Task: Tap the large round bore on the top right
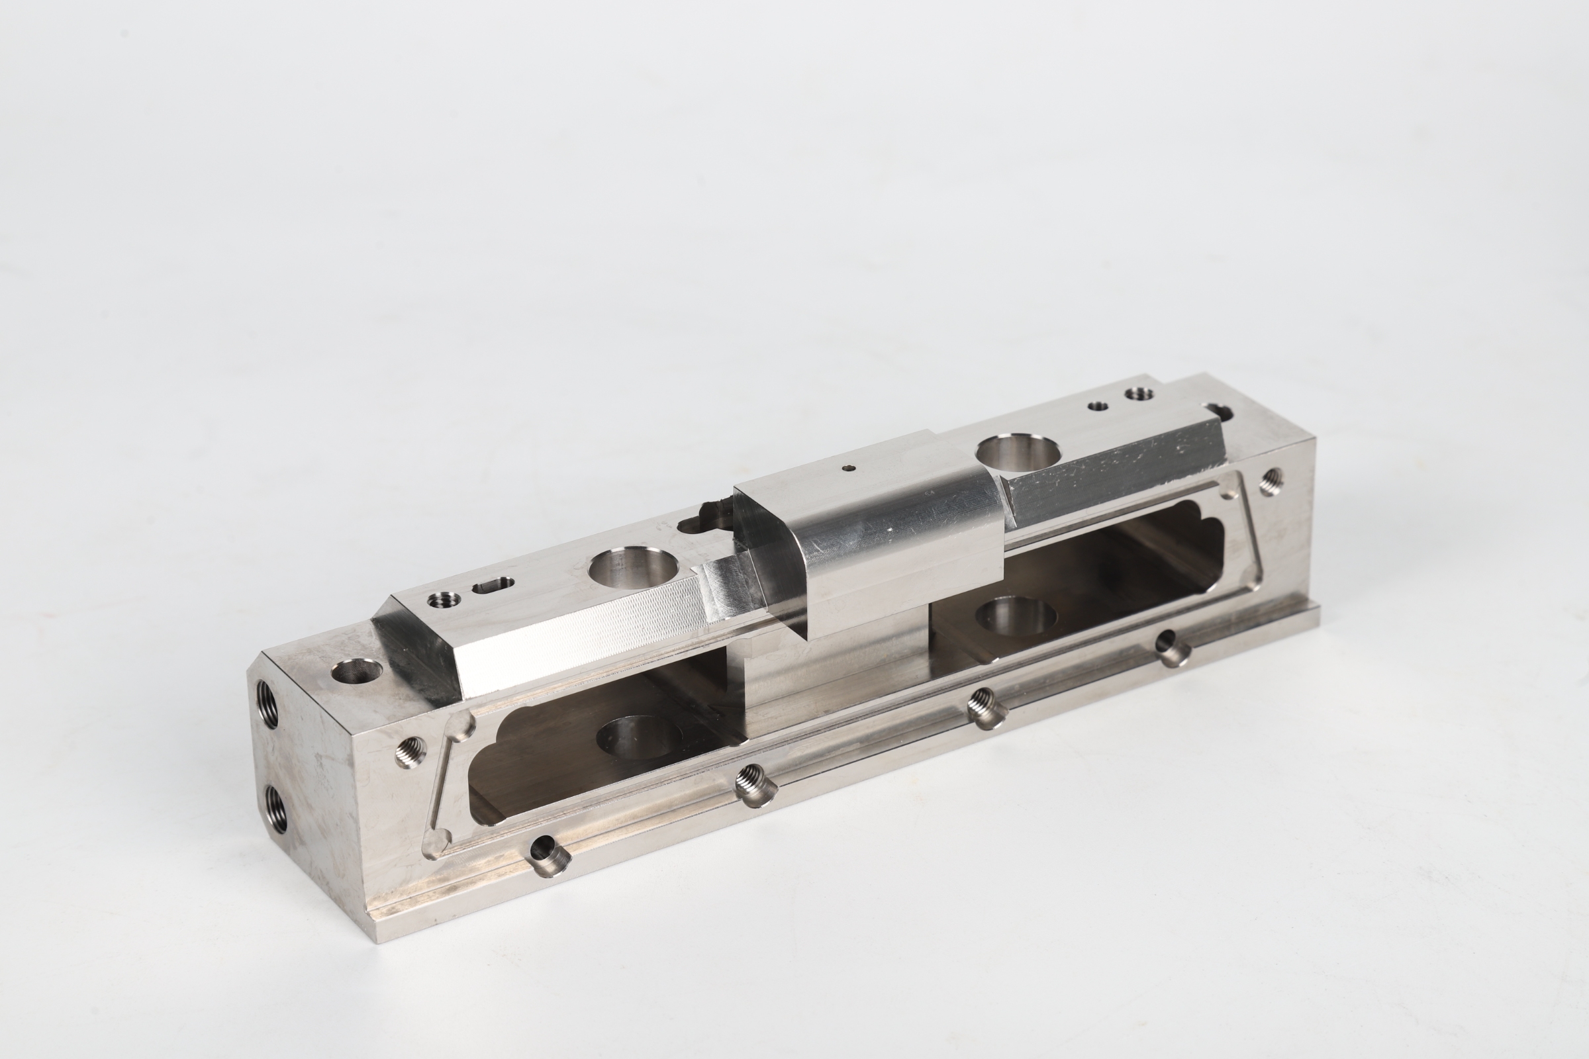click(x=1019, y=453)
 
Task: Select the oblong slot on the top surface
click(x=493, y=584)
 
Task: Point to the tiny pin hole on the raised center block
click(x=849, y=467)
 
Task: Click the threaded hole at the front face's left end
click(x=409, y=752)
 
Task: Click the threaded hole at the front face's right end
click(x=1270, y=481)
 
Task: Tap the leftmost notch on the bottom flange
click(x=549, y=855)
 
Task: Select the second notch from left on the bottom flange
click(x=755, y=784)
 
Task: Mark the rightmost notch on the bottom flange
click(x=1173, y=647)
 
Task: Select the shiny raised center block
click(x=871, y=533)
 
